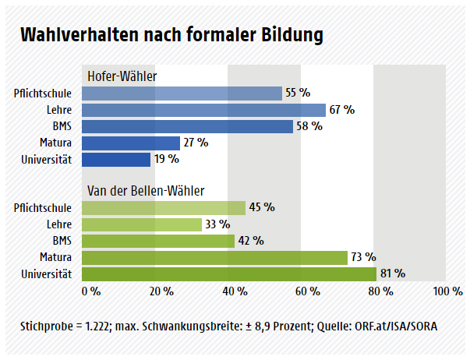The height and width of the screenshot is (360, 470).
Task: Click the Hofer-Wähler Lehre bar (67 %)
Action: tap(203, 110)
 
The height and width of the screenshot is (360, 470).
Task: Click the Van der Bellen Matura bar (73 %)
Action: tap(214, 257)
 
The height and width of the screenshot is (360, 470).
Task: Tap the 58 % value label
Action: tap(309, 126)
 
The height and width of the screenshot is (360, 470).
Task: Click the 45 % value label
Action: tap(262, 207)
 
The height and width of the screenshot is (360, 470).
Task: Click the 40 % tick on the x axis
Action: tap(235, 291)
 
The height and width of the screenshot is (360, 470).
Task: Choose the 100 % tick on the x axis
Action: tap(447, 291)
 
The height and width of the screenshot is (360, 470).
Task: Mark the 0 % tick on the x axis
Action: tap(90, 291)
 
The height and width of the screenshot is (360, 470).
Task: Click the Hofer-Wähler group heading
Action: tap(122, 76)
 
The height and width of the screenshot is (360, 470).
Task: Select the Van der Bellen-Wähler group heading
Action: tap(146, 191)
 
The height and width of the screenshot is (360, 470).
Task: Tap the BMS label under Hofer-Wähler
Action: tap(62, 126)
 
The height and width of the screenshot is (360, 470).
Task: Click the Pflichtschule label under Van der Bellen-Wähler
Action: tap(43, 208)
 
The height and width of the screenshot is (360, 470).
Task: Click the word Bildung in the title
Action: tap(285, 35)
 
